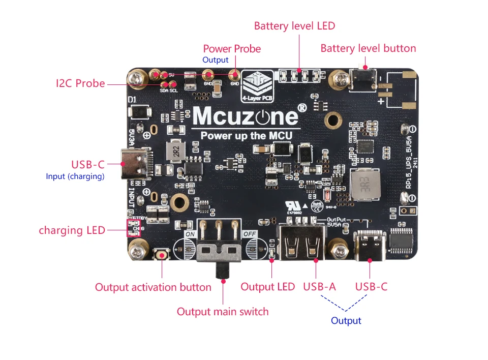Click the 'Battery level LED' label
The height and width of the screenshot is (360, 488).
[294, 25]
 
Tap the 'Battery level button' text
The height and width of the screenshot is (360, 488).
[368, 48]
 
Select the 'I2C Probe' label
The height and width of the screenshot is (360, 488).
[80, 83]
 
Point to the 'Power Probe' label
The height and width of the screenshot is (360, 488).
[232, 49]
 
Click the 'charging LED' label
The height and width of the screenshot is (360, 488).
[72, 230]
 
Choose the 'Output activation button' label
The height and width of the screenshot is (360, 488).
[153, 287]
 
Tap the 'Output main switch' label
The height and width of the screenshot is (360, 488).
[223, 311]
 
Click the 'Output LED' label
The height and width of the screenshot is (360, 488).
[267, 287]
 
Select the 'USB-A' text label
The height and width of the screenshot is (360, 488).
[319, 287]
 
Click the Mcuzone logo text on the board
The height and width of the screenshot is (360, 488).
[245, 116]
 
